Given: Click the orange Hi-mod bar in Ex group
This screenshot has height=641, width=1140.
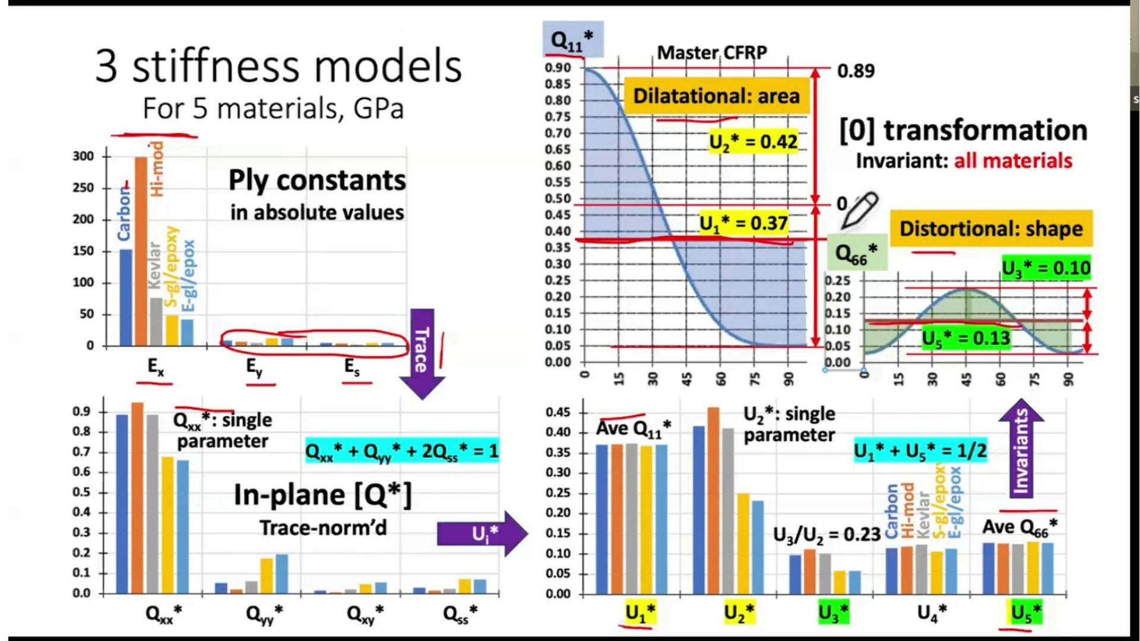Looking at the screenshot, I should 141,249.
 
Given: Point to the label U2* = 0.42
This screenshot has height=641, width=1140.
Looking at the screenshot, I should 753,142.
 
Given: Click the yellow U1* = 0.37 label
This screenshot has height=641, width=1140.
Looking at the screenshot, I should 743,223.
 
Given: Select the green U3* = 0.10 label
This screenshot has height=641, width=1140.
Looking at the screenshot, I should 1046,268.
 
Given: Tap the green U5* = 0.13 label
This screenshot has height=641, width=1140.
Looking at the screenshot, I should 965,338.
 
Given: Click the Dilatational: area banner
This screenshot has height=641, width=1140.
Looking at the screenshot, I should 716,96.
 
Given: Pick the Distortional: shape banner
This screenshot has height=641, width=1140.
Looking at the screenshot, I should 990,229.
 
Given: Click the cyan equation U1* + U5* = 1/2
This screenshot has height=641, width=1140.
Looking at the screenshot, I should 920,451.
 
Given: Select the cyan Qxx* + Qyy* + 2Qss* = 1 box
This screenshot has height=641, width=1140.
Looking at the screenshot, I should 401,451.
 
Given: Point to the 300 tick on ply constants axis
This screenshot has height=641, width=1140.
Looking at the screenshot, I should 83,156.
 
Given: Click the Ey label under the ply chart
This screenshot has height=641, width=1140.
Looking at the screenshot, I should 254,367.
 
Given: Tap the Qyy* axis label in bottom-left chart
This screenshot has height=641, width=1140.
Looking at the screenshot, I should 264,614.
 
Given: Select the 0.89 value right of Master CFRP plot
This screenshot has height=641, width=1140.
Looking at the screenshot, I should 856,71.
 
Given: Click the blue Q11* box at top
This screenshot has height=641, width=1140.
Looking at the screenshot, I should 572,39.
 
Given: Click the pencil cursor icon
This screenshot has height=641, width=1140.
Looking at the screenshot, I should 859,210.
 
